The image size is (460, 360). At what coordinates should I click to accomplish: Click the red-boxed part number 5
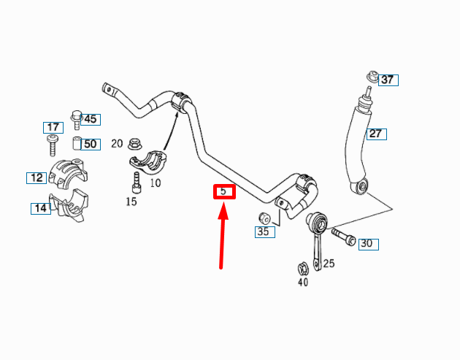tap(224, 193)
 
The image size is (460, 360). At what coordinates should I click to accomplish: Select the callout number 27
tap(376, 134)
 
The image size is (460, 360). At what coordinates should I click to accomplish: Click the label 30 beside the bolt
tap(368, 244)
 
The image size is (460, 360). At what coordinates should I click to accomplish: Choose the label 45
tap(90, 119)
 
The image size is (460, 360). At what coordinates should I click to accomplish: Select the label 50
tap(90, 144)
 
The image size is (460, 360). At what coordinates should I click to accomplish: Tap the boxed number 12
tap(37, 177)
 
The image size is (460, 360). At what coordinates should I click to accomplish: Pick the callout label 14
tap(40, 209)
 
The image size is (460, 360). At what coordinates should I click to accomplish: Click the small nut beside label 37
tap(372, 75)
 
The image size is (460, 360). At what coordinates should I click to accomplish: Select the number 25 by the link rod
tap(329, 263)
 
